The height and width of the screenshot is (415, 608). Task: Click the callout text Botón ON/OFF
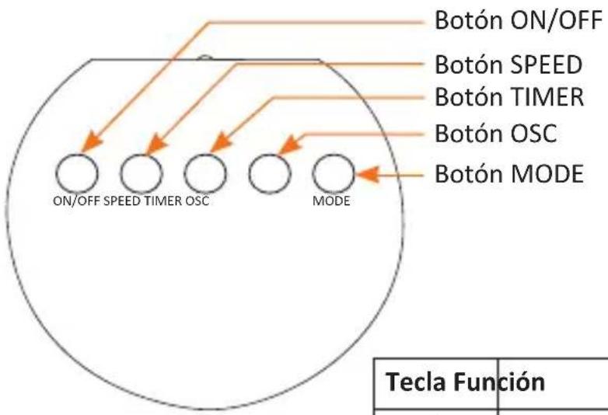519,20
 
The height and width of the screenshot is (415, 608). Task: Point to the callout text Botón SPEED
508,65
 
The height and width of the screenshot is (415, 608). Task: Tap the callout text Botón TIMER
509,96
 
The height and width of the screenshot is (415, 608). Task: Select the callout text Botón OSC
496,134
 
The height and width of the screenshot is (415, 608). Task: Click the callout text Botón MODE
509,173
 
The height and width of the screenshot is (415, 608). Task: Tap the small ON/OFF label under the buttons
76,201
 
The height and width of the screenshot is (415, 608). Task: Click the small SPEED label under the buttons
123,201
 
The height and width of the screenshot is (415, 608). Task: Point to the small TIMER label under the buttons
163,201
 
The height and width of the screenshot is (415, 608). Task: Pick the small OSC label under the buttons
197,201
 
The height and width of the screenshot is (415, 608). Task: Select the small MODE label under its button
331,201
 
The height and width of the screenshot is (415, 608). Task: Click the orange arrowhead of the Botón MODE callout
367,174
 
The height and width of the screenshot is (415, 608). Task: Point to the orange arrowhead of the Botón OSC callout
289,145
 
